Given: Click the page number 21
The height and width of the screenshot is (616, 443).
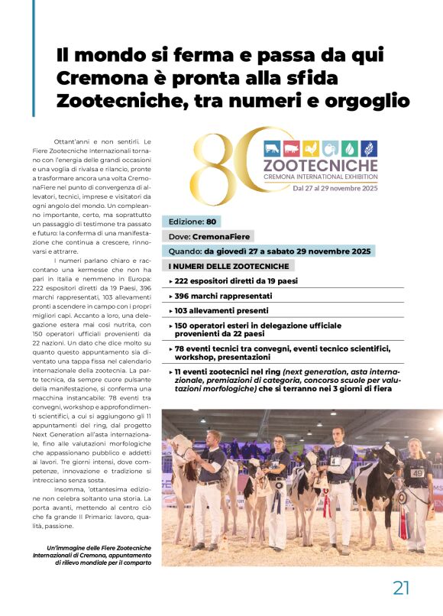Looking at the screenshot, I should (402, 587).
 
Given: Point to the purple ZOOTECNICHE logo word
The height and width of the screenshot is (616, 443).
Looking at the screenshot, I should (320, 164).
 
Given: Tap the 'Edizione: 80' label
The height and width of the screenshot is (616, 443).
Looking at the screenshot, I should (192, 222).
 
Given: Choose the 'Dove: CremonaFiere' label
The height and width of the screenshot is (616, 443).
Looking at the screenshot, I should (208, 236).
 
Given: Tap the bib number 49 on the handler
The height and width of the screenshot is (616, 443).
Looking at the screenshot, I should (417, 473).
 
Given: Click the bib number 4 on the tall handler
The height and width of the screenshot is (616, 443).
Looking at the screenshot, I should (335, 460).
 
